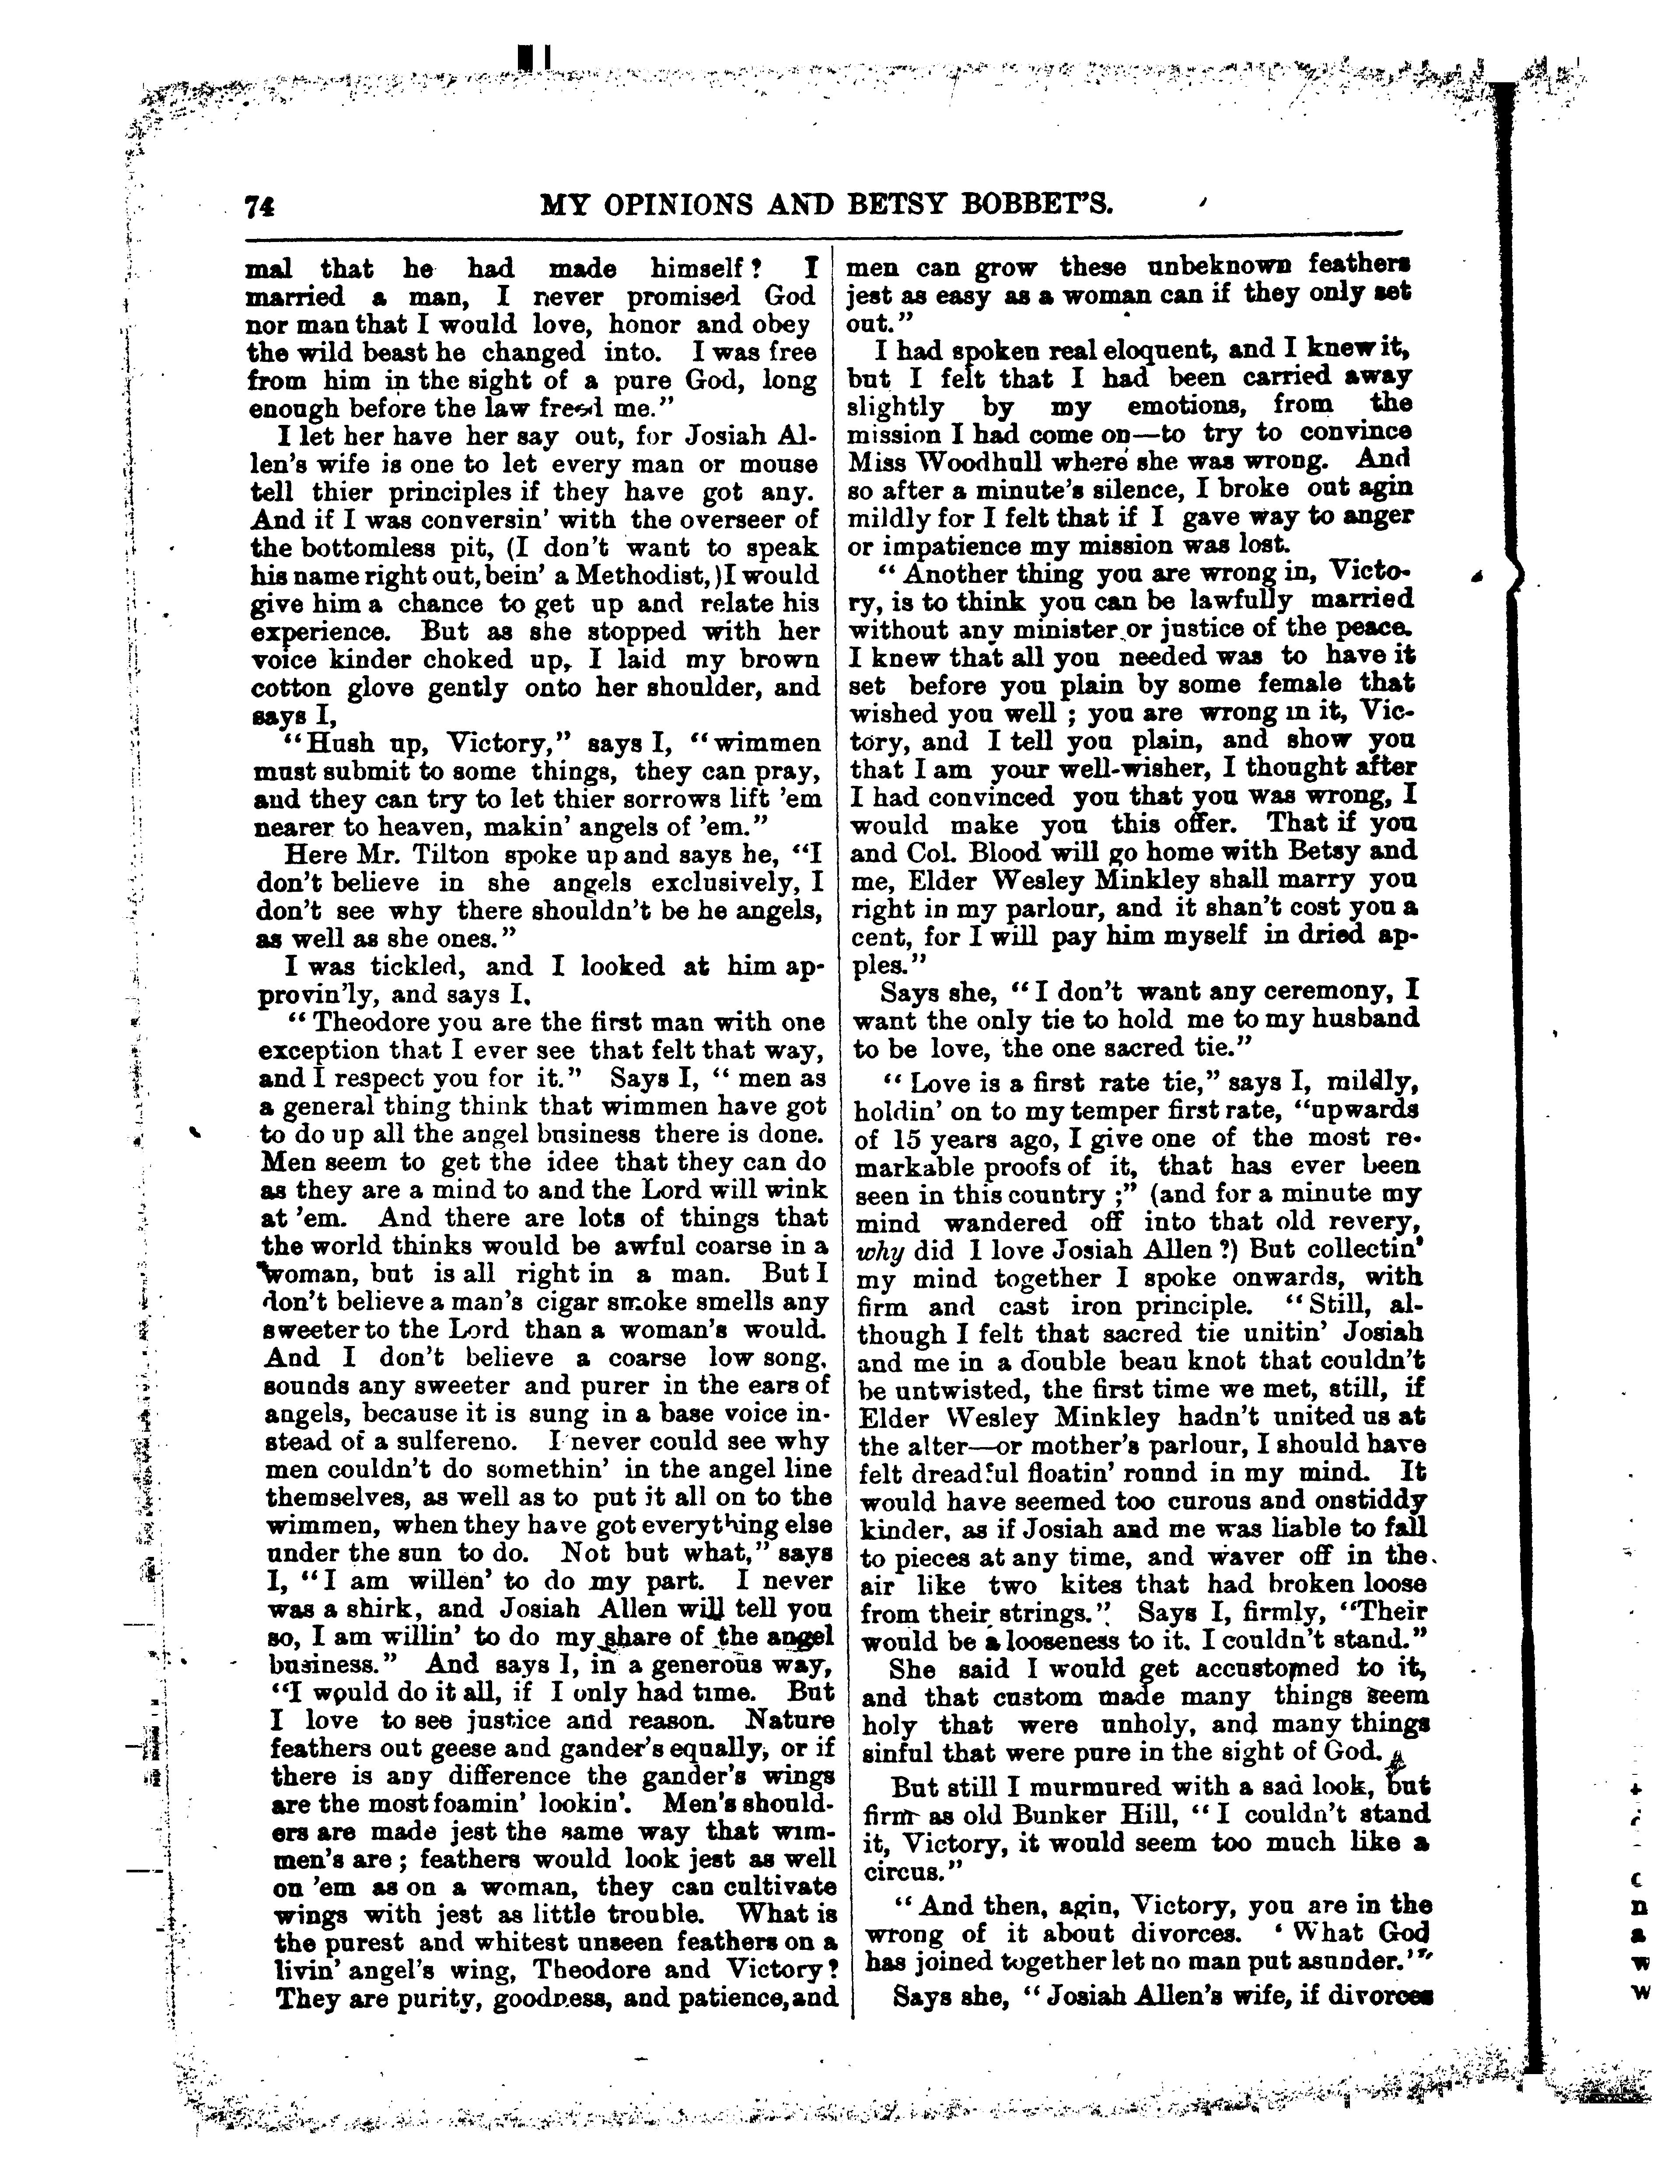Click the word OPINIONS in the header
pos(696,204)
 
